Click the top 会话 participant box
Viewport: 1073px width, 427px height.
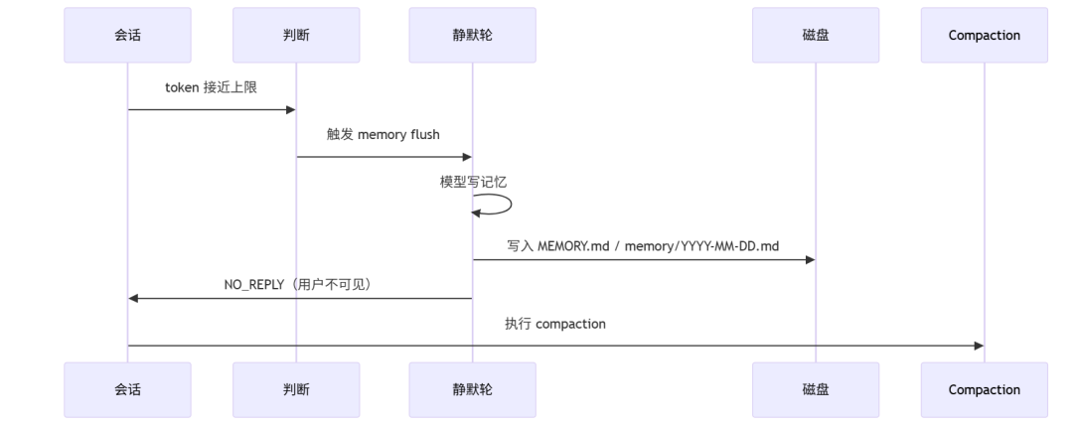(127, 36)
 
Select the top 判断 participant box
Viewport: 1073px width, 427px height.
(296, 36)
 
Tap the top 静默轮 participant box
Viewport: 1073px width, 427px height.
(472, 36)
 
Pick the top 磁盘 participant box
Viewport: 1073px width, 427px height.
(816, 36)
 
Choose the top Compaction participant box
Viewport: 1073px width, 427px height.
(984, 36)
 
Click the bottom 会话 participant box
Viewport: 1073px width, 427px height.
(127, 389)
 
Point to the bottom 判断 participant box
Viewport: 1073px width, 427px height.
(296, 389)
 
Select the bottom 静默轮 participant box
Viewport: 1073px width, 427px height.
(472, 389)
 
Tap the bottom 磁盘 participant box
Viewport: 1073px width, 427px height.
(816, 389)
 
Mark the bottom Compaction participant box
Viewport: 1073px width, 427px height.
(984, 389)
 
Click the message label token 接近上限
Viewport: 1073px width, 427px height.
(211, 88)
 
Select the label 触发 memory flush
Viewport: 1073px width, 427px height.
(383, 135)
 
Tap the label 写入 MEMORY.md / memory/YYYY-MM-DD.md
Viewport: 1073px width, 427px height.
(643, 245)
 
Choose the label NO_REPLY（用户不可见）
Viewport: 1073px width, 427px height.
(297, 284)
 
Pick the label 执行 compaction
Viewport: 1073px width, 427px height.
(554, 324)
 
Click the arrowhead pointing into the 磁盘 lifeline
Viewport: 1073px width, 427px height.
(810, 260)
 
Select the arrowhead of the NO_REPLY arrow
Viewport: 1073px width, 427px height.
(134, 298)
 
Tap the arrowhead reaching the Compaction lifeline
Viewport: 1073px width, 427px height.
(978, 346)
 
